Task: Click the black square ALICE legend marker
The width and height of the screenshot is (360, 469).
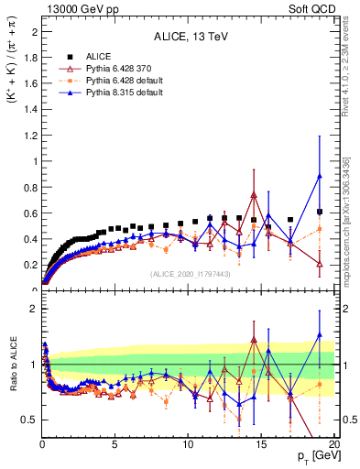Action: (71, 57)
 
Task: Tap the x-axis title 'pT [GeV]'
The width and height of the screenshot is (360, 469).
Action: (313, 455)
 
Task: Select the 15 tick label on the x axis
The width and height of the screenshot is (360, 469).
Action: (261, 442)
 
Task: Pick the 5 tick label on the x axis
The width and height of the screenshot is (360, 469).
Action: (115, 442)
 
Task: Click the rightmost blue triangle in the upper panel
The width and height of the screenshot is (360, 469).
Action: (319, 176)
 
